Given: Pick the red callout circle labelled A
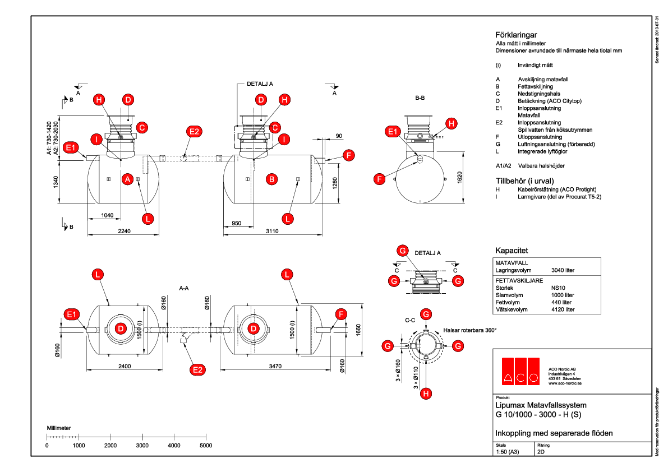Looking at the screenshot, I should coord(127,179).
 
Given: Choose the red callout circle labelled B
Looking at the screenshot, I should coord(271,179).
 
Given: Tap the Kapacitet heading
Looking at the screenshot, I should coord(512,250).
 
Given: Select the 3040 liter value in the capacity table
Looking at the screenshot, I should coord(563,270).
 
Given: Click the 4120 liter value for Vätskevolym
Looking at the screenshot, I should coord(563,309).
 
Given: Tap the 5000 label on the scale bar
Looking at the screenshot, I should coord(206,445).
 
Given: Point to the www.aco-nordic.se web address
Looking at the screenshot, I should coord(565,383).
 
